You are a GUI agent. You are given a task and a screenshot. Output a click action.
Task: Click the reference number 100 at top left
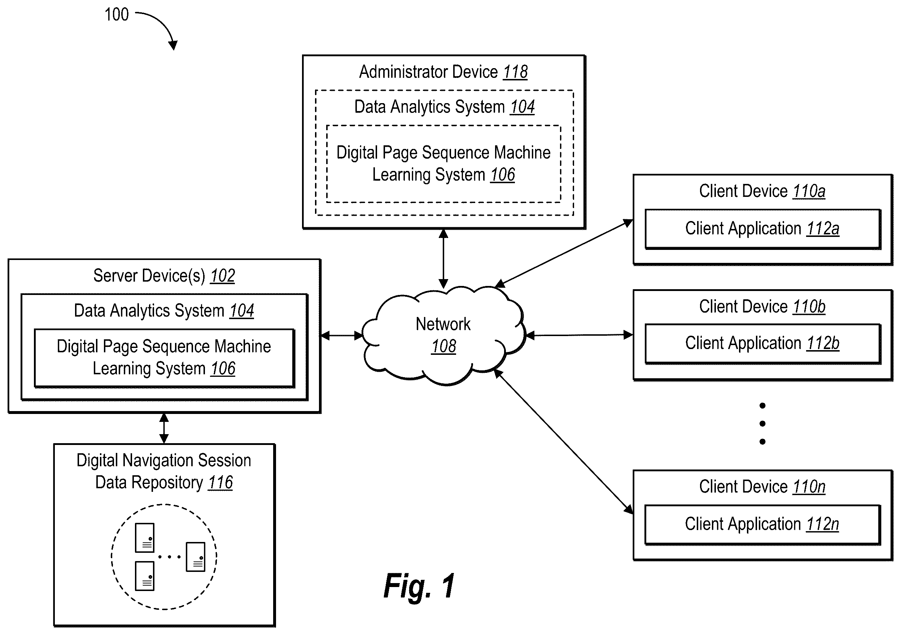coord(117,14)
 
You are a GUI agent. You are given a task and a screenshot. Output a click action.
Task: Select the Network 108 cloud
coord(443,336)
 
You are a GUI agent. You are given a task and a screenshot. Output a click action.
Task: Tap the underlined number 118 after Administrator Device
coord(515,72)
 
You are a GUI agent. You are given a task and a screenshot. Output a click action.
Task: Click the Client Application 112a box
coord(762,229)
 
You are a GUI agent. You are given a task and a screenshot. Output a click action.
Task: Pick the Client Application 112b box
coord(762,344)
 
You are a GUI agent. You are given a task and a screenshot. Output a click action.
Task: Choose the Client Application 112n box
coord(762,524)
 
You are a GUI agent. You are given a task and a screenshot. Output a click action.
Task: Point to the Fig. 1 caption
coord(419,586)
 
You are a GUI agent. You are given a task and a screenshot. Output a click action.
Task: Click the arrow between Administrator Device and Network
coord(443,259)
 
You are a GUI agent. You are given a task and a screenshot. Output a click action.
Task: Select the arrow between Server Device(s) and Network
coord(342,335)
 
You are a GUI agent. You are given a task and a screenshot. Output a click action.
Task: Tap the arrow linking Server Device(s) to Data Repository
coord(164,428)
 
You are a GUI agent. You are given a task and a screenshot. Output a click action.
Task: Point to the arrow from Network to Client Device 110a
coord(564,253)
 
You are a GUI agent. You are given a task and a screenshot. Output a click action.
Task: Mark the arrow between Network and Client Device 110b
coord(579,335)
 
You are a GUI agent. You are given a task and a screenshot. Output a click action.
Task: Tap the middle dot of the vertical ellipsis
coord(762,424)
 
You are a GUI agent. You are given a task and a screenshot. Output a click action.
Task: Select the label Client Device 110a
coord(762,191)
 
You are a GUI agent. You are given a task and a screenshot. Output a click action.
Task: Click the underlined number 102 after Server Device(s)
coord(223,276)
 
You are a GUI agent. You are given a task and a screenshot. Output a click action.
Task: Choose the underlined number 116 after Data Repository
coord(220,482)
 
